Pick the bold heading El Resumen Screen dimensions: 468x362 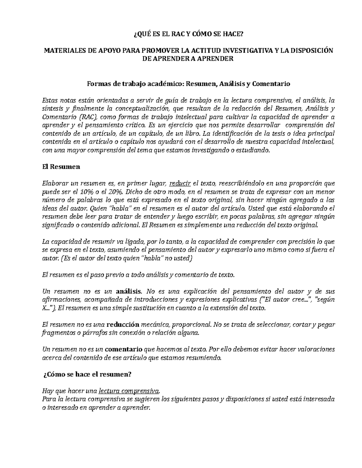(x=61, y=167)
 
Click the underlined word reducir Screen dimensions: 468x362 (x=180, y=184)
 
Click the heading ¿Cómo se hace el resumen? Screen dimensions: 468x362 (x=87, y=375)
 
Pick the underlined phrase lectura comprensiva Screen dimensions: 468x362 (x=129, y=391)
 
